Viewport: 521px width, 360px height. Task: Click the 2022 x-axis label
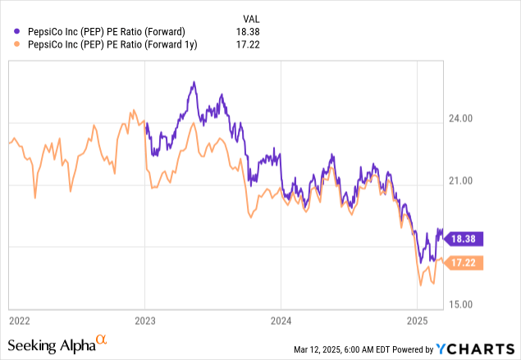[x=20, y=318]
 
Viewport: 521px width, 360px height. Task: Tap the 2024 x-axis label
[x=281, y=318]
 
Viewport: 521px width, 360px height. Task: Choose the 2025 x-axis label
[x=418, y=318]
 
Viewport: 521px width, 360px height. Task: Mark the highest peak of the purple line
[x=194, y=82]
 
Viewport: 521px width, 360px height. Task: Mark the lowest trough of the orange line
[x=421, y=285]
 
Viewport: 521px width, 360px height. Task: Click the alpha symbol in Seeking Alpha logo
[x=101, y=338]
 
